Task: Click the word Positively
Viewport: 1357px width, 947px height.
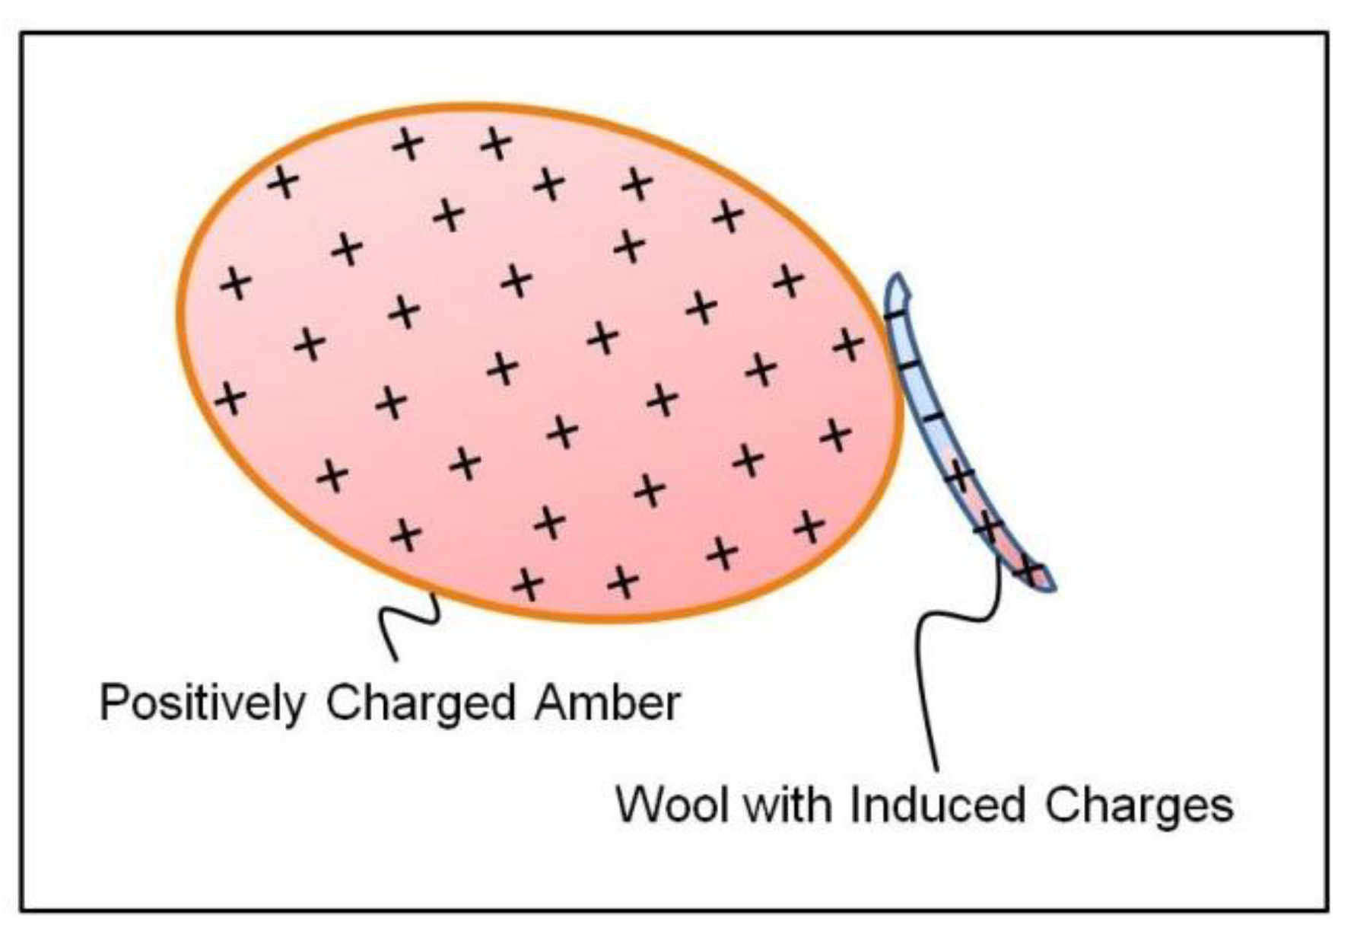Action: pyautogui.click(x=202, y=703)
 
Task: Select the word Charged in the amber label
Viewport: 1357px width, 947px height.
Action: pyautogui.click(x=421, y=703)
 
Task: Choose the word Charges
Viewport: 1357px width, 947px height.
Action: pyautogui.click(x=1138, y=805)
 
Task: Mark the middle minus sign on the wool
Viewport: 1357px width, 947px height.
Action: pyautogui.click(x=909, y=366)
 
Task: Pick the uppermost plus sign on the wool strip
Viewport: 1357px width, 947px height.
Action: pyautogui.click(x=959, y=477)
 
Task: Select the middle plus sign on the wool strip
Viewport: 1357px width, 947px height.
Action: pyautogui.click(x=988, y=525)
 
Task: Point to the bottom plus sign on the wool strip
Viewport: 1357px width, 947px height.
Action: pyautogui.click(x=1030, y=569)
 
